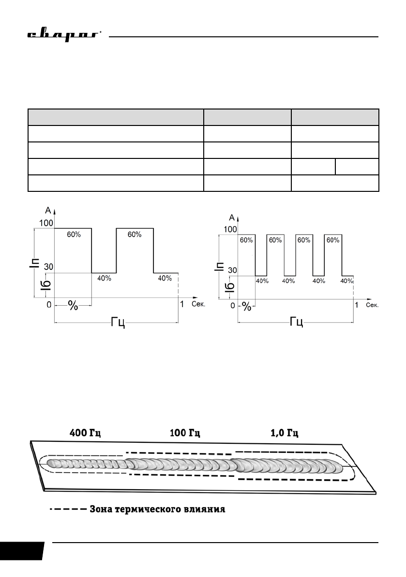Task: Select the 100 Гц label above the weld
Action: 185,433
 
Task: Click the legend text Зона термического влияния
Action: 158,510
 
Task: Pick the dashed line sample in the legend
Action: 68,510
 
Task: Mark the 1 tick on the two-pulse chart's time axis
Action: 182,304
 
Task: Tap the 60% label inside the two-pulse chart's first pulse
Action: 74,234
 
